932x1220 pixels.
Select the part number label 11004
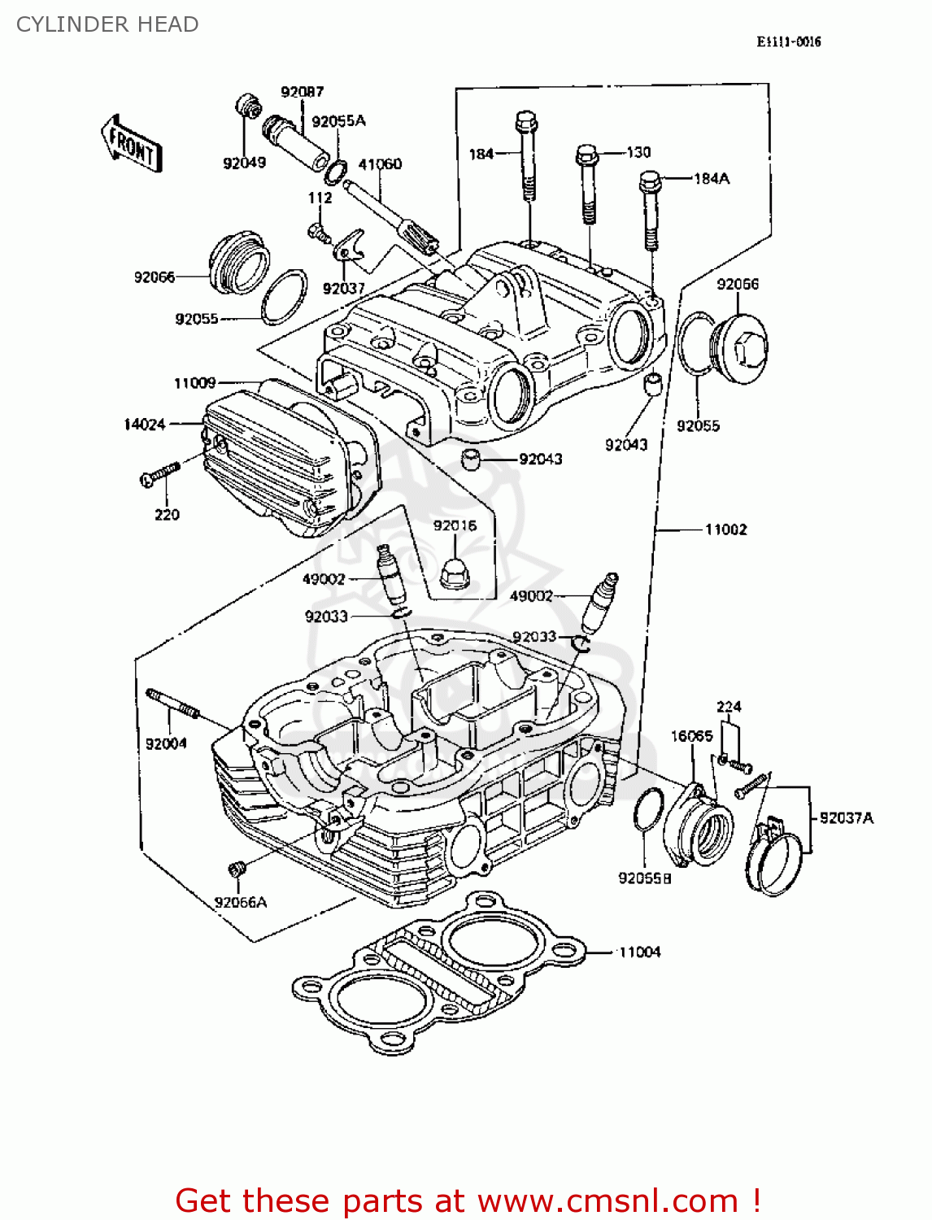tap(639, 952)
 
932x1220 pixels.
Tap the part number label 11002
tap(725, 529)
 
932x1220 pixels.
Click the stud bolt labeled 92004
tap(172, 704)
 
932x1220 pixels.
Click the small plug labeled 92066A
tap(237, 869)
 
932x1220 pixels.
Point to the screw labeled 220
tap(160, 474)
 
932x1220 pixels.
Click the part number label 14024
tap(144, 424)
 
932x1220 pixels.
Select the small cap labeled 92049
tap(247, 107)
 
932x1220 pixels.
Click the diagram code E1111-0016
tap(788, 41)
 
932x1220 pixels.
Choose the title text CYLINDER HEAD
tap(107, 24)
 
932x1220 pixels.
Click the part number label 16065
tap(691, 736)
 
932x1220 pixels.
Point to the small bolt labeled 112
tap(320, 233)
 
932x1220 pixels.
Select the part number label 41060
tap(380, 163)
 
